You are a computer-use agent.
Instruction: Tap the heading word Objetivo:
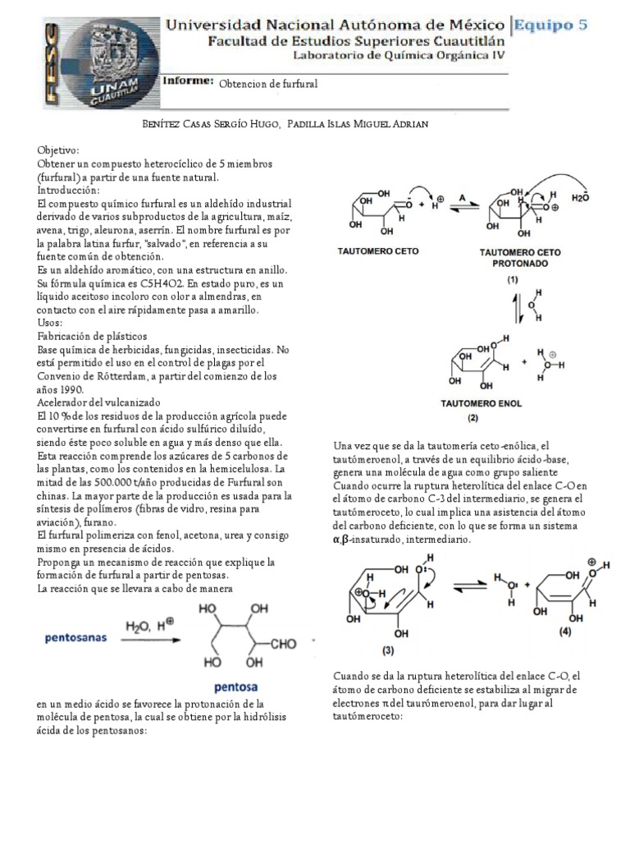coord(57,152)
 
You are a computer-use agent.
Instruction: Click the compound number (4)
coord(565,632)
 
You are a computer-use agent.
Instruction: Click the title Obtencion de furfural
coord(267,84)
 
